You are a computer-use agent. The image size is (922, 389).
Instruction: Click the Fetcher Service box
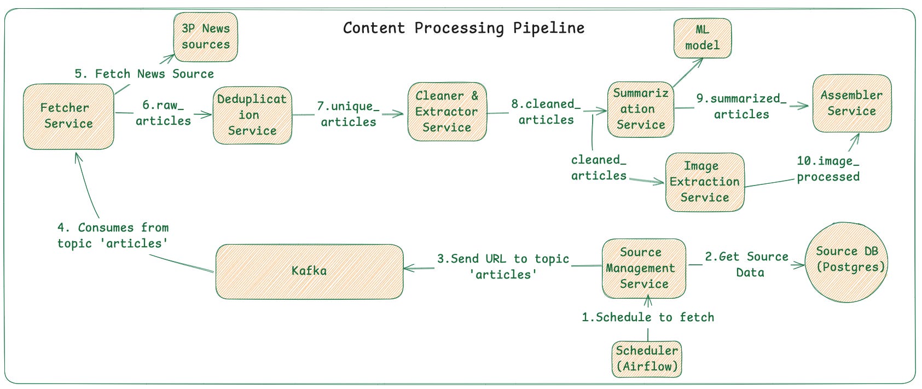(x=68, y=116)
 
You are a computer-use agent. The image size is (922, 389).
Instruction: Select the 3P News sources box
(x=206, y=37)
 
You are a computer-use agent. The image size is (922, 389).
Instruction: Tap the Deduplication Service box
(x=252, y=115)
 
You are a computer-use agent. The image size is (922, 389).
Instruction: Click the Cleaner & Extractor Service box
(x=446, y=112)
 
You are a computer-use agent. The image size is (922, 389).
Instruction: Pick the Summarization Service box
(x=640, y=109)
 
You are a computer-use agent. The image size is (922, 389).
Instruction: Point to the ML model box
(x=703, y=38)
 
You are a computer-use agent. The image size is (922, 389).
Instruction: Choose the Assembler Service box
(x=851, y=103)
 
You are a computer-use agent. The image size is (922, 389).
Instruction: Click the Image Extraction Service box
(x=705, y=182)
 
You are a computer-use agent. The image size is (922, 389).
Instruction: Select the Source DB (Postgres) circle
(x=846, y=262)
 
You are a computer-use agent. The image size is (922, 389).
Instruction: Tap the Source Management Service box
(x=643, y=268)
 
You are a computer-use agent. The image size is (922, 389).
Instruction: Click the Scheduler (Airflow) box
(x=647, y=358)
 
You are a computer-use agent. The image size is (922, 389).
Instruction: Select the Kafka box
(x=309, y=271)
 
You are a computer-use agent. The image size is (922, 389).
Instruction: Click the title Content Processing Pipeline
(x=463, y=28)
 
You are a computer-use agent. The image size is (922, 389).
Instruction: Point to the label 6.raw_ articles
(x=163, y=113)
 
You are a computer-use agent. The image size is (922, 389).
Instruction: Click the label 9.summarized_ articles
(x=741, y=106)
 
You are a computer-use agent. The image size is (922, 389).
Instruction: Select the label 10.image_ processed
(x=828, y=169)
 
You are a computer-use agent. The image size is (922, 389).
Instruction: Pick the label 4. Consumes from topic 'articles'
(x=113, y=235)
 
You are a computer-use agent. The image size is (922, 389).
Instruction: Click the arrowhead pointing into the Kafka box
(x=408, y=268)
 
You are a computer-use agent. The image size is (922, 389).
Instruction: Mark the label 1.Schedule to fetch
(x=648, y=317)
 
